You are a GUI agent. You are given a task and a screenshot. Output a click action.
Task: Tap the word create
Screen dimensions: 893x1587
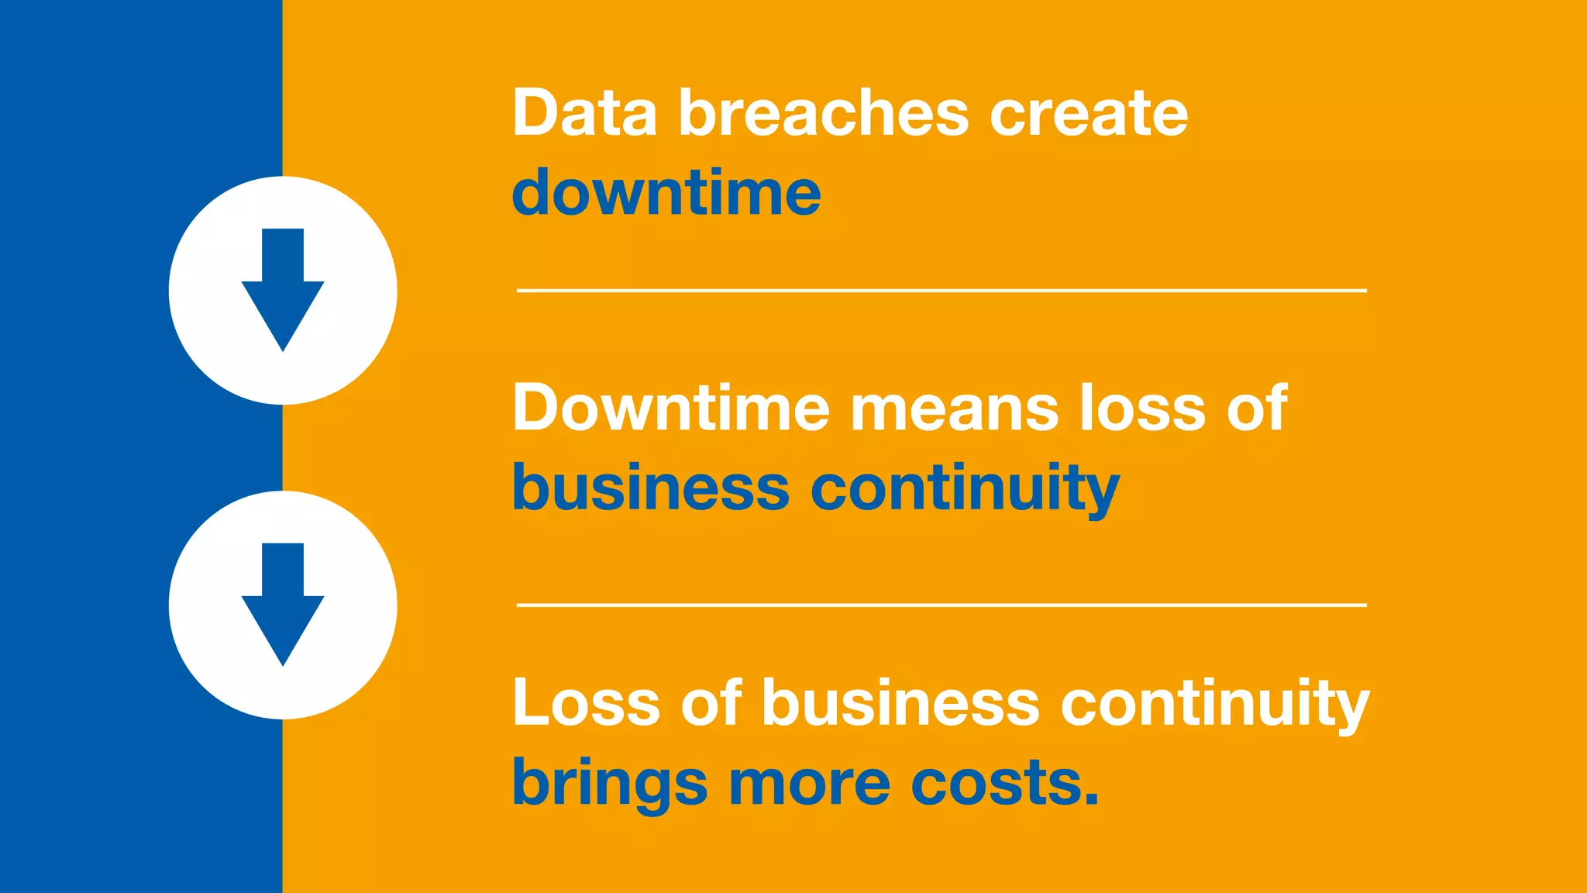click(1088, 115)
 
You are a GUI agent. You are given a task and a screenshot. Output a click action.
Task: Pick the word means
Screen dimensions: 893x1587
click(954, 409)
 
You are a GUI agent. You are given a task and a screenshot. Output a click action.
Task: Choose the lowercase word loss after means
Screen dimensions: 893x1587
click(1142, 408)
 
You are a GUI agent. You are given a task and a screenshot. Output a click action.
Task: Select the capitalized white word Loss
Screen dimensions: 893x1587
click(586, 702)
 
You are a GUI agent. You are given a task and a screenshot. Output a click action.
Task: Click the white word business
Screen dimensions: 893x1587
click(900, 702)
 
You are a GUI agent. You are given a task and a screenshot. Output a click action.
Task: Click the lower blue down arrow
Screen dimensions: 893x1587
click(283, 604)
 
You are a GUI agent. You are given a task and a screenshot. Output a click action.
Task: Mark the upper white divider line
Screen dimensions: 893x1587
click(941, 291)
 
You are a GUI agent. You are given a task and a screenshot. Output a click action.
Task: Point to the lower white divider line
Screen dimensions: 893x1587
click(941, 605)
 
